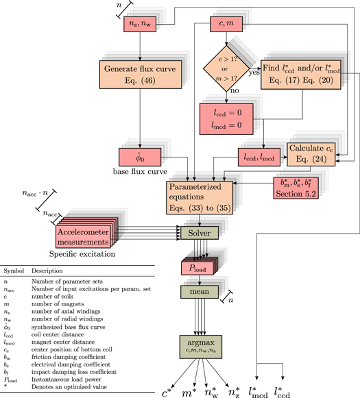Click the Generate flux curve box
click(141, 74)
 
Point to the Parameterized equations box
click(197, 196)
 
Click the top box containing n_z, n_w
click(140, 25)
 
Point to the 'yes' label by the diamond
click(252, 71)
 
